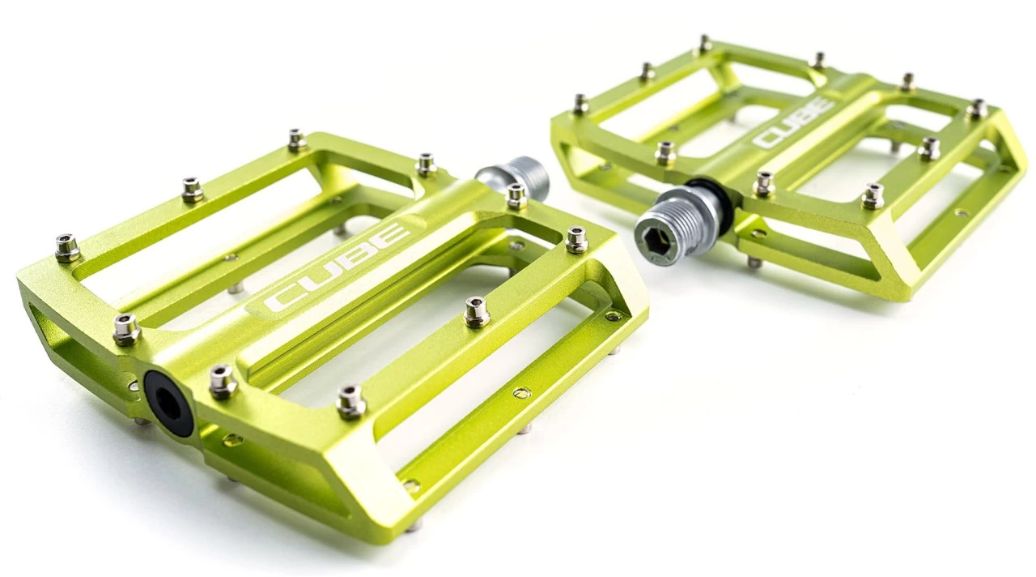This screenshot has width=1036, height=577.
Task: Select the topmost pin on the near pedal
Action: coord(297,140)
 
